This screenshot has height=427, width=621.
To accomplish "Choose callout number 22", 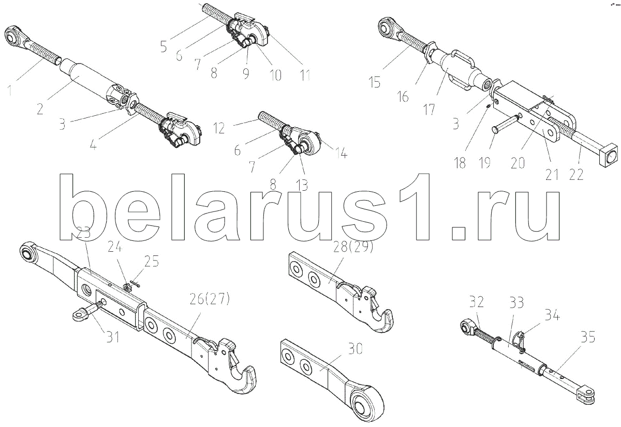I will coord(576,175).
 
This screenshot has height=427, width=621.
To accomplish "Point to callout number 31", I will coord(112,337).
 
